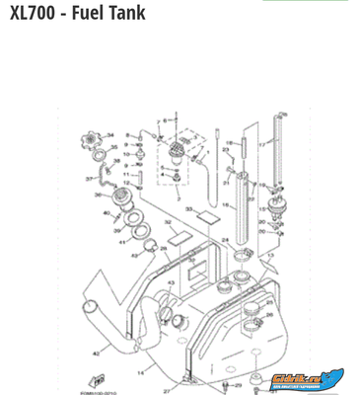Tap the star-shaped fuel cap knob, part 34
[x=93, y=139]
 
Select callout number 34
[x=110, y=135]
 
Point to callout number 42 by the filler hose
[x=96, y=353]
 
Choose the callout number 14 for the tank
[x=140, y=372]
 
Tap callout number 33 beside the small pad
[x=188, y=209]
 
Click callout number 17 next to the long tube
[x=263, y=144]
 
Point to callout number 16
[x=223, y=205]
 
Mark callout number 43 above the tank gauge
[x=171, y=283]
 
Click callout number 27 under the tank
[x=167, y=391]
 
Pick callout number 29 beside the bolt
[x=238, y=384]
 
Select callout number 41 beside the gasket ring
[x=122, y=241]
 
